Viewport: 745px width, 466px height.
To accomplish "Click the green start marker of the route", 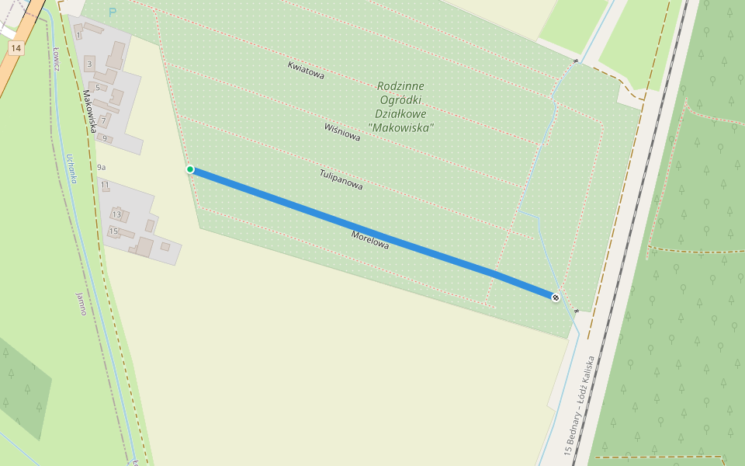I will pyautogui.click(x=190, y=169).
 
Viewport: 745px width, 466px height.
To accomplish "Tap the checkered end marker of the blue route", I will pyautogui.click(x=556, y=297).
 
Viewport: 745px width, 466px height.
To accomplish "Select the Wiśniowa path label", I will pyautogui.click(x=342, y=131).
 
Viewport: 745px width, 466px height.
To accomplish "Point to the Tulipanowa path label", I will pyautogui.click(x=341, y=180).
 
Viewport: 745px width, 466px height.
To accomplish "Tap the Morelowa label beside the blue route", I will pyautogui.click(x=369, y=239).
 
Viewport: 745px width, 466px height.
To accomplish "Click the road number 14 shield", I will pyautogui.click(x=16, y=48).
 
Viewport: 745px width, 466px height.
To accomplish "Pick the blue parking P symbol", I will pyautogui.click(x=113, y=12).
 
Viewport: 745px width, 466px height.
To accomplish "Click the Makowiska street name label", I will pyautogui.click(x=89, y=111).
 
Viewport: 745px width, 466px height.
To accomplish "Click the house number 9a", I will pyautogui.click(x=102, y=167).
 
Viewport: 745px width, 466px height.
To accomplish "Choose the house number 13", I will pyautogui.click(x=117, y=214).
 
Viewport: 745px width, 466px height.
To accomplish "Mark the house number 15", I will pyautogui.click(x=113, y=231).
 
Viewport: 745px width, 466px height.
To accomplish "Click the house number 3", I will pyautogui.click(x=90, y=64).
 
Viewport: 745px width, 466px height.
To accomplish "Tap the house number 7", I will pyautogui.click(x=102, y=120).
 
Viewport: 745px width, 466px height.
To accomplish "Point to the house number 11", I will pyautogui.click(x=105, y=186).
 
